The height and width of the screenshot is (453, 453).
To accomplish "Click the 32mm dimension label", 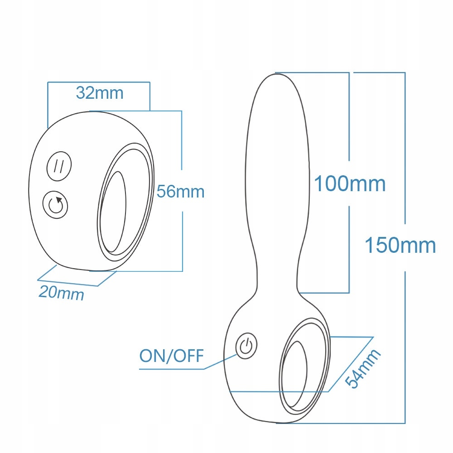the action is pos(100,93).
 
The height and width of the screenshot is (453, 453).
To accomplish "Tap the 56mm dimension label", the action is pos(181,192).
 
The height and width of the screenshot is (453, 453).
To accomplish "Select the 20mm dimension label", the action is pos(61,292).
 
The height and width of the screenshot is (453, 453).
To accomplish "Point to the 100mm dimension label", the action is pos(350,184).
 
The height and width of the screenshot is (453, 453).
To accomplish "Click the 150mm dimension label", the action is pos(400,245).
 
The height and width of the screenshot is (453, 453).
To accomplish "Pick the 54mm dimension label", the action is pos(363,368).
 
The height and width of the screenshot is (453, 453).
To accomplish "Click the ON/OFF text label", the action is pos(172,356).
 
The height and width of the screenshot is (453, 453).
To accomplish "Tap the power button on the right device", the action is pos(246,347).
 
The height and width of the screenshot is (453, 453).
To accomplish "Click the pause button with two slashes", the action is pos(59,166).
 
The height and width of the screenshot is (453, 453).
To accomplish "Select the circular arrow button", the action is pos(55,205).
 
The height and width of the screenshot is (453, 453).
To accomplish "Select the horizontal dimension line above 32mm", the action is pos(98,82).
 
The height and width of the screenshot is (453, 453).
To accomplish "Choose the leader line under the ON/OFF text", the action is pos(172,369).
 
